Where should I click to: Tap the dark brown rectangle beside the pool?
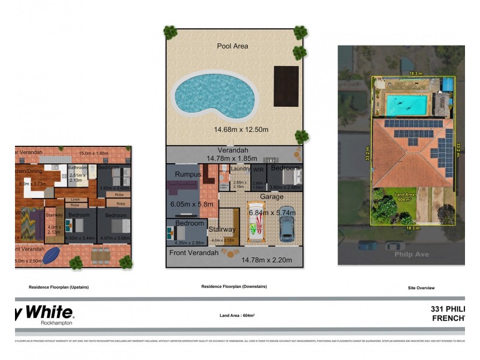tap(286, 86)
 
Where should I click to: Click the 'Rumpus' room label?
tap(187, 175)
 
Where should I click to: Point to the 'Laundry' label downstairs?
tap(240, 169)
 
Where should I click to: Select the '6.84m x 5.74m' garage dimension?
tap(272, 212)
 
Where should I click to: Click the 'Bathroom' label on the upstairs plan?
tap(78, 168)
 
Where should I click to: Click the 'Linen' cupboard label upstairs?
tap(75, 199)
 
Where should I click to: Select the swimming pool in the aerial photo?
tap(407, 105)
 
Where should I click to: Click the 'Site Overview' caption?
tap(421, 288)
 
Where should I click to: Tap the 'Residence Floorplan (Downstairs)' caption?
tap(234, 287)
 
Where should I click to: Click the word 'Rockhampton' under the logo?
tap(56, 322)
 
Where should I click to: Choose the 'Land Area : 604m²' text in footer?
tap(238, 315)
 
